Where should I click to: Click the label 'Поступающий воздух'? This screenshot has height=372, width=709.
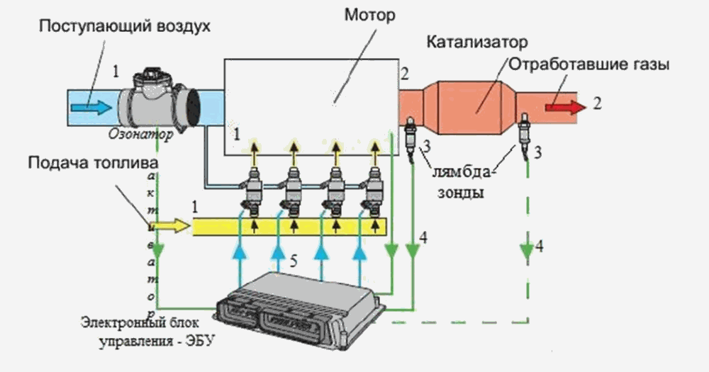125,27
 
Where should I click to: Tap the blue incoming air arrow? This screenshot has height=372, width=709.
91,107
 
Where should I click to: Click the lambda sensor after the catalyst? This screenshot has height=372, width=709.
525,132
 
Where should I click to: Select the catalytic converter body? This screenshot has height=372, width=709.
475,106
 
